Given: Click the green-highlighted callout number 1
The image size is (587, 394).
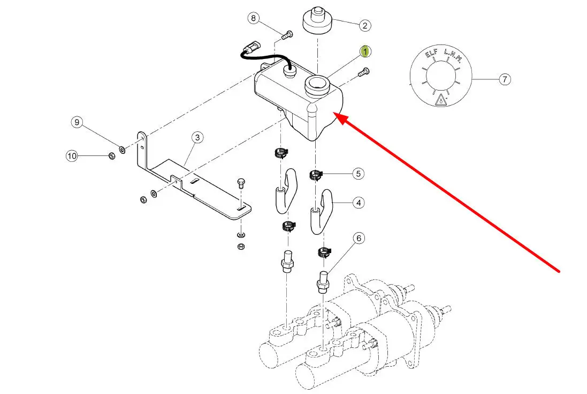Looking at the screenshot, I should tap(365, 52).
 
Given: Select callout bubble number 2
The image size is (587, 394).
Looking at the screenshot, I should tap(364, 25).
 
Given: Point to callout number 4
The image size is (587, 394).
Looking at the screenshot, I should tap(359, 203).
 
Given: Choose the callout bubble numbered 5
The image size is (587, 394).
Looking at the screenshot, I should tap(359, 174).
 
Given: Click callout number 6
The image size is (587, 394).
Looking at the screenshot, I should tap(359, 238).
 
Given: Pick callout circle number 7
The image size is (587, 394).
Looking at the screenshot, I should tap(505, 80).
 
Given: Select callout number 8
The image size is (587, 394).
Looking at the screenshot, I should tap(254, 19).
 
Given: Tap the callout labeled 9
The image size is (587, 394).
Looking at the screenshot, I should tap(77, 123).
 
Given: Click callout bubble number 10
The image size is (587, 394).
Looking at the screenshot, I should tap(72, 156).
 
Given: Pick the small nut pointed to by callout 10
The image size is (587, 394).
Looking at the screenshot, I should tap(111, 156).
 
